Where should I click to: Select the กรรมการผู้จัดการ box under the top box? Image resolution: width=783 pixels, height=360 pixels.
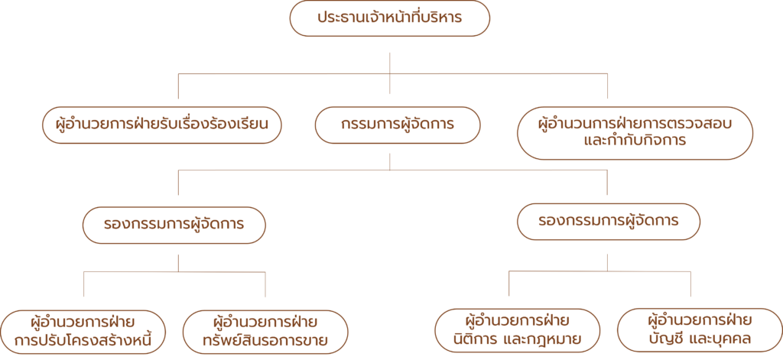point(390,125)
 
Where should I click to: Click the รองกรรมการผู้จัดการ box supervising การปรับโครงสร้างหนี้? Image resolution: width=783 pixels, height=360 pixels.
point(174,225)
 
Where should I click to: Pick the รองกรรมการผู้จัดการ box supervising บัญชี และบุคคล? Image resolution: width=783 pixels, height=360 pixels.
point(608,222)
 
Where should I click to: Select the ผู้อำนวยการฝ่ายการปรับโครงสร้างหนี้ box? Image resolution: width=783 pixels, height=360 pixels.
point(83,331)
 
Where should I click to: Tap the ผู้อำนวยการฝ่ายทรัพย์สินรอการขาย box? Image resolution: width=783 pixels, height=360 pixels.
point(265,331)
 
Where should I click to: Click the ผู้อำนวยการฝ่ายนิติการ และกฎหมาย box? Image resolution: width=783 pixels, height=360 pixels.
point(518,329)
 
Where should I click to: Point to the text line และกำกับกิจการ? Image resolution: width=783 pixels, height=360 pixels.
point(634,142)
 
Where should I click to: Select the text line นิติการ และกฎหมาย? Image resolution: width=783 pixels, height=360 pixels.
point(518,339)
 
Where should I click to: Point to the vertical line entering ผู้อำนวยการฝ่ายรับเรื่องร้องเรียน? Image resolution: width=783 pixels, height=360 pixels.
point(179,89)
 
